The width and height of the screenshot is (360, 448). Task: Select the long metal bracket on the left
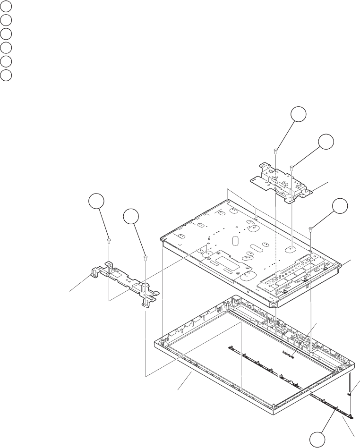(125, 283)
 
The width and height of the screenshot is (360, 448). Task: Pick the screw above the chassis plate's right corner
(310, 228)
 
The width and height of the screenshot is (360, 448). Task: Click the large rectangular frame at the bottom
(189, 373)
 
